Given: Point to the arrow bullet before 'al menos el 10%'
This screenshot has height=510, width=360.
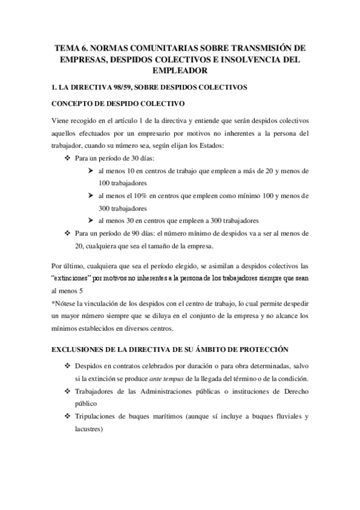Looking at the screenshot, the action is coord(90,195).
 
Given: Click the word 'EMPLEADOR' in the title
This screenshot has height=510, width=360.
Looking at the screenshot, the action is coord(180,72).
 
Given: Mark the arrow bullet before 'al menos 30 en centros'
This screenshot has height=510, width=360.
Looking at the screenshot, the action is coord(90,220).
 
